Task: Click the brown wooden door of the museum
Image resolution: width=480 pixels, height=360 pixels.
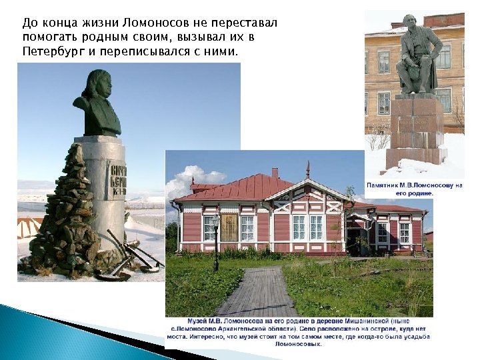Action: pos(229,227)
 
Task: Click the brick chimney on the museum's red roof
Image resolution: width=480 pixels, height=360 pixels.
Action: pos(274,172)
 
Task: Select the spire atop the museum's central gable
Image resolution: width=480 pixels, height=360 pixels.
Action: pos(307,169)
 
